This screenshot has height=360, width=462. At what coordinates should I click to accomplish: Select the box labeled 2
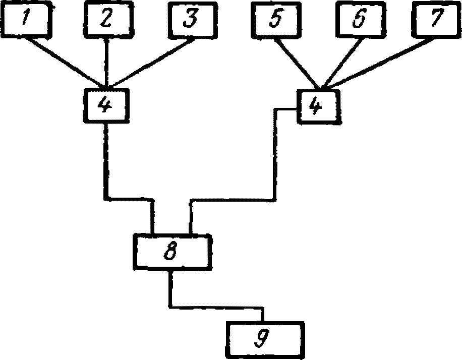pos(108,19)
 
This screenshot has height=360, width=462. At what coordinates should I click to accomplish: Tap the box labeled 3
pos(193,20)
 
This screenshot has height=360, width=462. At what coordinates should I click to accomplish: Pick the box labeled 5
pos(276,20)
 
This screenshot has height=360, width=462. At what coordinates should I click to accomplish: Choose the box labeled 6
pos(361,20)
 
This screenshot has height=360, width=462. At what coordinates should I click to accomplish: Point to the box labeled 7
pos(437,20)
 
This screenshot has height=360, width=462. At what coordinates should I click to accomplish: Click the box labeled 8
pos(172,252)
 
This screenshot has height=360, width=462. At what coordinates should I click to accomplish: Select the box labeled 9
pos(265,340)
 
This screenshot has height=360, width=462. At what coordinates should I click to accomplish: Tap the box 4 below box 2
pos(106,105)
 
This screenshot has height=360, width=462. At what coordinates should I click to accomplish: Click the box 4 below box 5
pos(319,106)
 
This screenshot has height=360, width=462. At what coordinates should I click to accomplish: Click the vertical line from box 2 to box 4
pos(106,63)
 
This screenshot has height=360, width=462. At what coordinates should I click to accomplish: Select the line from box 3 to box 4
pos(152,63)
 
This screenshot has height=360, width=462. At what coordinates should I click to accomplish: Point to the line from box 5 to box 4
pos(297,64)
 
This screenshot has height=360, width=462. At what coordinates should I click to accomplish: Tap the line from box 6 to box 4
pos(341,64)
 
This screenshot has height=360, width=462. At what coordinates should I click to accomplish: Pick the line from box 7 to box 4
pos(378,63)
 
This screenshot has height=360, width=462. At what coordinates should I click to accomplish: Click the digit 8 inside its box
pos(170,251)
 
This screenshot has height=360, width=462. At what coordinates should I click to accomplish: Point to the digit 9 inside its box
pos(261,338)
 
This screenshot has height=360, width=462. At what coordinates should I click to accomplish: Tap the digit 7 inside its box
pos(437,18)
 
